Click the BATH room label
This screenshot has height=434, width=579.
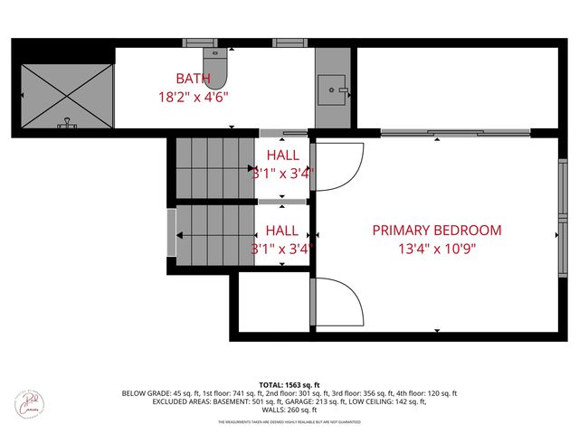(x=192, y=79)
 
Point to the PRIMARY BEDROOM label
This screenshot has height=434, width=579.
(x=436, y=231)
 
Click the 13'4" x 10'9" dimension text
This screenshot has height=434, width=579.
(x=436, y=248)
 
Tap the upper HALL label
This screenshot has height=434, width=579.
(x=282, y=156)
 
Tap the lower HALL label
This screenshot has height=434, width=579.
(x=282, y=231)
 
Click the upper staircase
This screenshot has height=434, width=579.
(x=214, y=167)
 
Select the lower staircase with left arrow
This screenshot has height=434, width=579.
(x=215, y=236)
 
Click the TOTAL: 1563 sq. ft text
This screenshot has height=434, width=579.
(x=289, y=384)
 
